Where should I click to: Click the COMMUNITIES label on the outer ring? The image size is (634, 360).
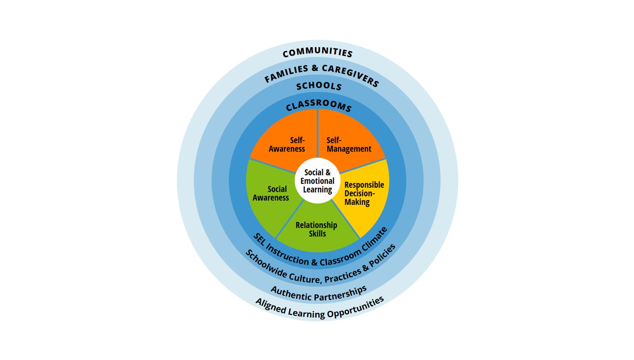tap(317, 52)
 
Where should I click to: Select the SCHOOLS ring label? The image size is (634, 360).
tap(319, 86)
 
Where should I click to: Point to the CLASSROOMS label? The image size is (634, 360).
tap(318, 105)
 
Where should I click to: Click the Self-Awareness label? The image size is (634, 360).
tap(287, 144)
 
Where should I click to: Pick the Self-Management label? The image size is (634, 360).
tap(349, 144)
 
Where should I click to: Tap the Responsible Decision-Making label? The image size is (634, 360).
tap(364, 193)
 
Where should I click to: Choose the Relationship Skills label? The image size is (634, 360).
tap(317, 229)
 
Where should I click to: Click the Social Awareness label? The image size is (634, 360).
tap(271, 193)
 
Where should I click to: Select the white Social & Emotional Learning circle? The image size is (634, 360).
tap(317, 181)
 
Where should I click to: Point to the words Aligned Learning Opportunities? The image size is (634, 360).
tap(320, 309)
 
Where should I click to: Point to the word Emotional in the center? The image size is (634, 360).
tap(317, 181)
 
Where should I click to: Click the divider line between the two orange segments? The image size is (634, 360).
tap(317, 133)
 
